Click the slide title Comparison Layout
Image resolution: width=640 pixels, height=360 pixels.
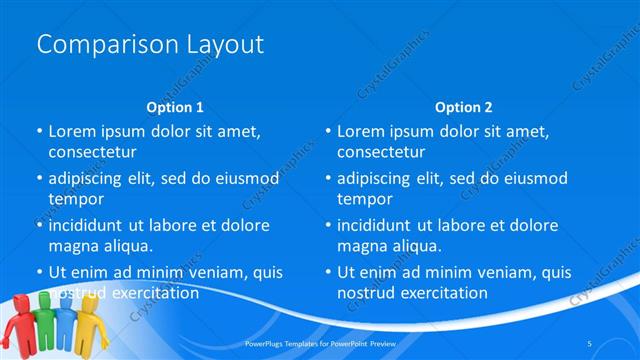coord(149,44)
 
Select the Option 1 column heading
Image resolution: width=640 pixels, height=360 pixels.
coord(175,107)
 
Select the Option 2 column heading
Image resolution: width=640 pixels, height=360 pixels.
coord(463,107)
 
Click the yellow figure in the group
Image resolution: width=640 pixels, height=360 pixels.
coord(91,325)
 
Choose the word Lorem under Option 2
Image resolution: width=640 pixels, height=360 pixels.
coord(362,131)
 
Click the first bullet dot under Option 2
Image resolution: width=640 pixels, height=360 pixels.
coord(327,131)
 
